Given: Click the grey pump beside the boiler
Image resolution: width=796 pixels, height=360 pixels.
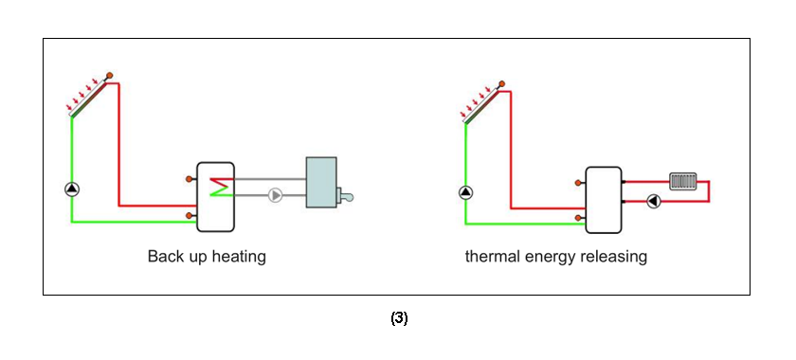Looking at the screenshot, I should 275,195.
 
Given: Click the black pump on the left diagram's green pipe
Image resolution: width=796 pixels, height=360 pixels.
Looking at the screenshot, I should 72,189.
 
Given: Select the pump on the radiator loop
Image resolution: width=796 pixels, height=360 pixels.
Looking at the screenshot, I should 654,201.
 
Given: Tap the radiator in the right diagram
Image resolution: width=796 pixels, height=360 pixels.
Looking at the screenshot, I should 683,180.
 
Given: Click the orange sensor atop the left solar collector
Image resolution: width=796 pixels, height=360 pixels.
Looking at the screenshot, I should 109,75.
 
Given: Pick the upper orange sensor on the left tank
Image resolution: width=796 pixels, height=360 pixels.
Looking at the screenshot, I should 190,177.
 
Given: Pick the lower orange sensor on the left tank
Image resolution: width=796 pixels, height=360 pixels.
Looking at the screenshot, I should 190,216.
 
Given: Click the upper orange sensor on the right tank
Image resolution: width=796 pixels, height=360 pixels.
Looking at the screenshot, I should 579,182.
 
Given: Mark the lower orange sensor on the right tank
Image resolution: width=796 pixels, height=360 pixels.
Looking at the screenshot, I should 579,220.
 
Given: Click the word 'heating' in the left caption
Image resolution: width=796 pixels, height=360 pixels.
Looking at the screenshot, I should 238,257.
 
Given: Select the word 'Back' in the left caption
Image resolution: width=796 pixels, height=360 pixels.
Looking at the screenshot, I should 164,257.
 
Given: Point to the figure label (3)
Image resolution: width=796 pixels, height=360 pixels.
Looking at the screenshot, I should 399,318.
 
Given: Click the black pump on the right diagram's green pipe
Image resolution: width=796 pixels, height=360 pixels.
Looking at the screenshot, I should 465,192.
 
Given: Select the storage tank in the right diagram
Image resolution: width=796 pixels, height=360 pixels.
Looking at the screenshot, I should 603,199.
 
